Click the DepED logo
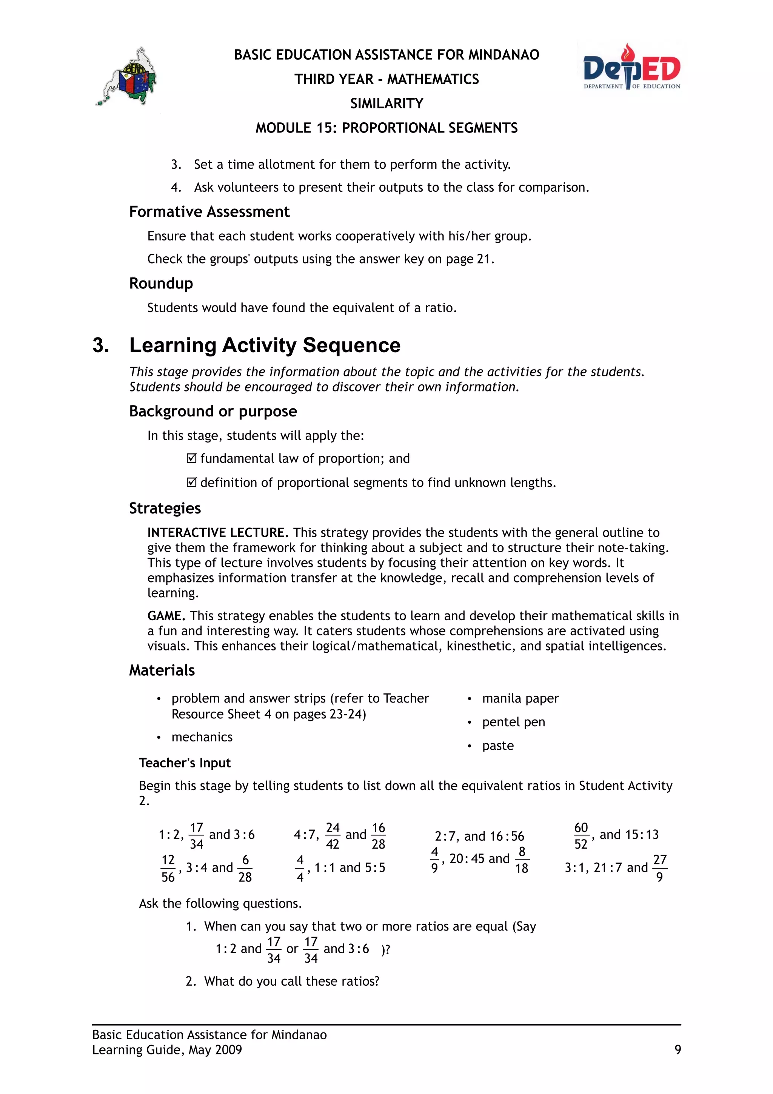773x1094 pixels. tap(631, 68)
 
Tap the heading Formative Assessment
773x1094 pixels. tap(209, 211)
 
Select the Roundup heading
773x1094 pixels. tap(161, 283)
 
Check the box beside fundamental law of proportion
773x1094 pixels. tap(191, 458)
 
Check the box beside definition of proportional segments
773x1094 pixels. tap(191, 483)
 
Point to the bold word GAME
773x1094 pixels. tap(166, 616)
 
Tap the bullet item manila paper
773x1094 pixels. tap(520, 698)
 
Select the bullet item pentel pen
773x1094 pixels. tap(513, 722)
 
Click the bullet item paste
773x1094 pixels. tap(498, 745)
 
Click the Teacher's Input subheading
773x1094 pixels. tap(185, 763)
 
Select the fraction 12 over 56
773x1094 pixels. tap(168, 868)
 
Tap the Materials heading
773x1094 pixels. tap(162, 670)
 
